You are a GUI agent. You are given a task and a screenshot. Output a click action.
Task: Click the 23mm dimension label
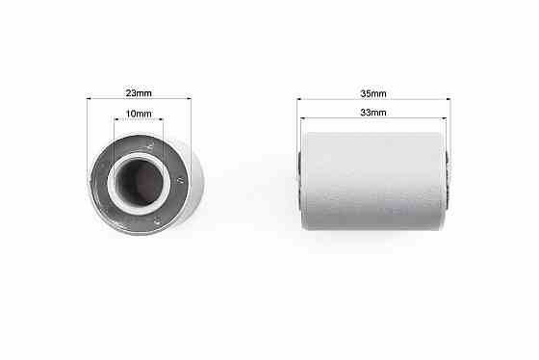(139, 93)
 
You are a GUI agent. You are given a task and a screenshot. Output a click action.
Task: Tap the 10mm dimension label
(139, 114)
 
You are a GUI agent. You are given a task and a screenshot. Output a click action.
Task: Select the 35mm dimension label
(373, 93)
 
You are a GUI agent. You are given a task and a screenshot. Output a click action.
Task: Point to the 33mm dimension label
(373, 113)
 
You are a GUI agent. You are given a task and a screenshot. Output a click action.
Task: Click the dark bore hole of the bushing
(140, 182)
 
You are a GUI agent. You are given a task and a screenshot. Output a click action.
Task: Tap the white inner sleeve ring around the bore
(139, 156)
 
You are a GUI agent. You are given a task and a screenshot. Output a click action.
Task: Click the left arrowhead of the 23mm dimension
(89, 99)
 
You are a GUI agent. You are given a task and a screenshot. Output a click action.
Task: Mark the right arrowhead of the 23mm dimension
(189, 99)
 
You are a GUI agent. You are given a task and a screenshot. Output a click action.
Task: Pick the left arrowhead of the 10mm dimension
(116, 119)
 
